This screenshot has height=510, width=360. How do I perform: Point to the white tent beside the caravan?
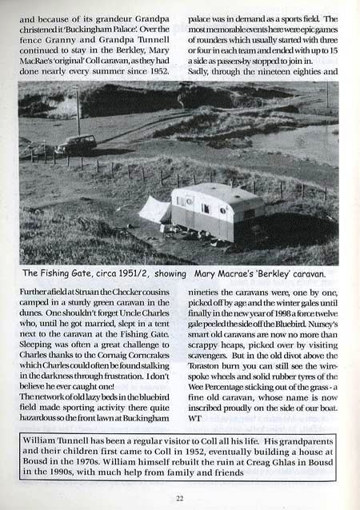pos(155,211)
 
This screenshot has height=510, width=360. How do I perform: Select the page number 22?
pos(180,496)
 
